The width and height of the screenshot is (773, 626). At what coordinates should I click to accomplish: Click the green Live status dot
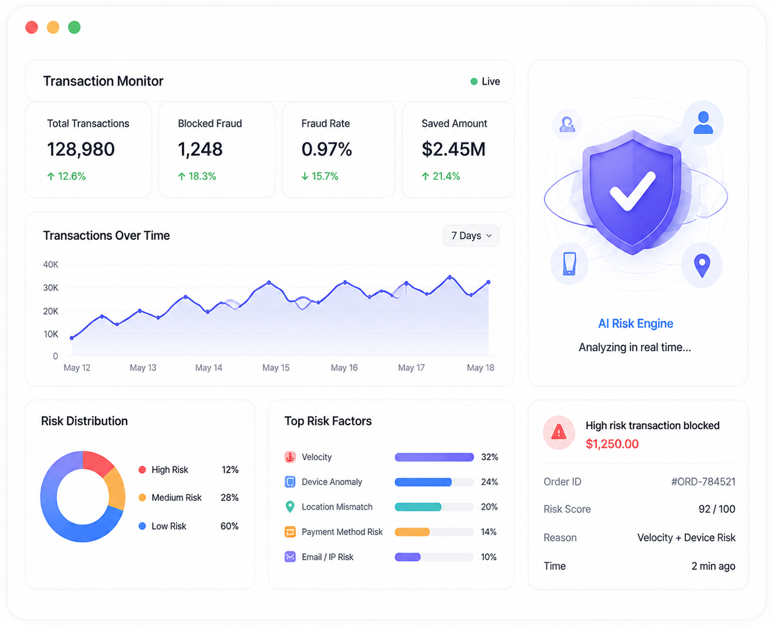[473, 82]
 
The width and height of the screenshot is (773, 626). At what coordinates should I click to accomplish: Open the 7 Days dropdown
[471, 236]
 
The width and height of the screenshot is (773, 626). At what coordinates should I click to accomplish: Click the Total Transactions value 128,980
[81, 149]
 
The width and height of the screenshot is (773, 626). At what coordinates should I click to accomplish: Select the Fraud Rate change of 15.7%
[320, 176]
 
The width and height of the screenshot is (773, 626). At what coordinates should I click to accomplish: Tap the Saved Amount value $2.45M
[453, 149]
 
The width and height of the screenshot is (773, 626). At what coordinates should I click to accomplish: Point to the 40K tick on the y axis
[50, 264]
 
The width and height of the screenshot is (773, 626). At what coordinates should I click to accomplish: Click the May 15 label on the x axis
[276, 368]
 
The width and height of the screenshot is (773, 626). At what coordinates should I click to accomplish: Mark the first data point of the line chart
[72, 338]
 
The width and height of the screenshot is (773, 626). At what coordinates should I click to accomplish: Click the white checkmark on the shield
[633, 191]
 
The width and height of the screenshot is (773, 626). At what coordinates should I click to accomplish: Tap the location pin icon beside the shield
[702, 266]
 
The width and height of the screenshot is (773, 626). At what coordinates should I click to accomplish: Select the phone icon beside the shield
[569, 263]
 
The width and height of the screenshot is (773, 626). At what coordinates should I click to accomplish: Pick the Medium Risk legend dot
[142, 497]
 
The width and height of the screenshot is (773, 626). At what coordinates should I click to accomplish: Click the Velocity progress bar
[434, 457]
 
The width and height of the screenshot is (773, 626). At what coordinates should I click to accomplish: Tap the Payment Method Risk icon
[290, 532]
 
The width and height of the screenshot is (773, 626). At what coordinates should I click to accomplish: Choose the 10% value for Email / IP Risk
[488, 557]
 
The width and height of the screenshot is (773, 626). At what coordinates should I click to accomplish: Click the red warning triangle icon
[558, 432]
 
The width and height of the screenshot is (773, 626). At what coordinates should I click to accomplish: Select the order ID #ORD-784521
[703, 481]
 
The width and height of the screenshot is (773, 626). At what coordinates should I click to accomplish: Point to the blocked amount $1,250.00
[612, 444]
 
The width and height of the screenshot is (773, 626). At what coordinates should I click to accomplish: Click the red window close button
[32, 28]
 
